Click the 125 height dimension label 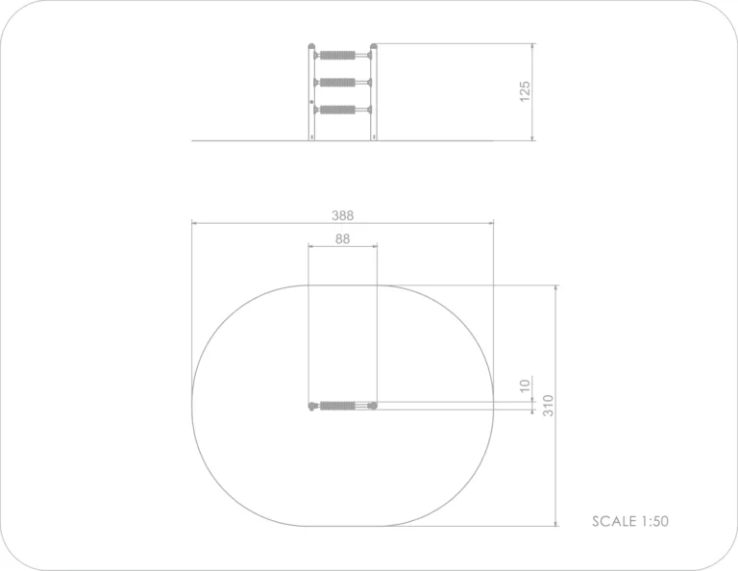[525, 91]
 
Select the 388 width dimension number [342, 215]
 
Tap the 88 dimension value [343, 239]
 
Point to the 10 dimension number [525, 385]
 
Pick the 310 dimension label [549, 406]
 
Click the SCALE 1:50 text [630, 521]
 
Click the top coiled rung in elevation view [337, 55]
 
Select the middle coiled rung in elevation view [337, 83]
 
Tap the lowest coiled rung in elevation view [337, 110]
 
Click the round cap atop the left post [311, 46]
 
